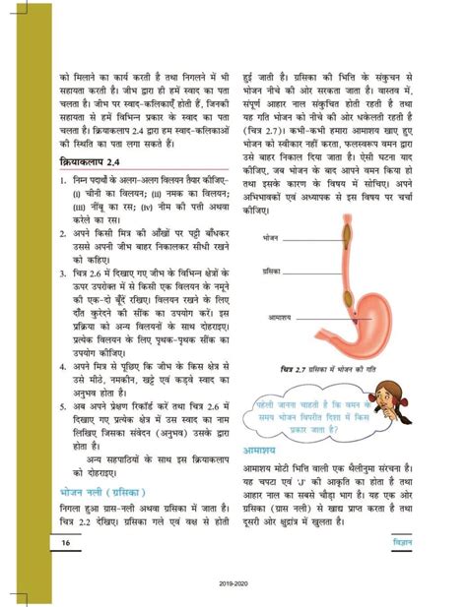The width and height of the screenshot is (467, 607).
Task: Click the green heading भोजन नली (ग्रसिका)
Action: click(x=104, y=489)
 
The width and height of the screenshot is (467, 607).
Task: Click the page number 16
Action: click(x=66, y=543)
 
